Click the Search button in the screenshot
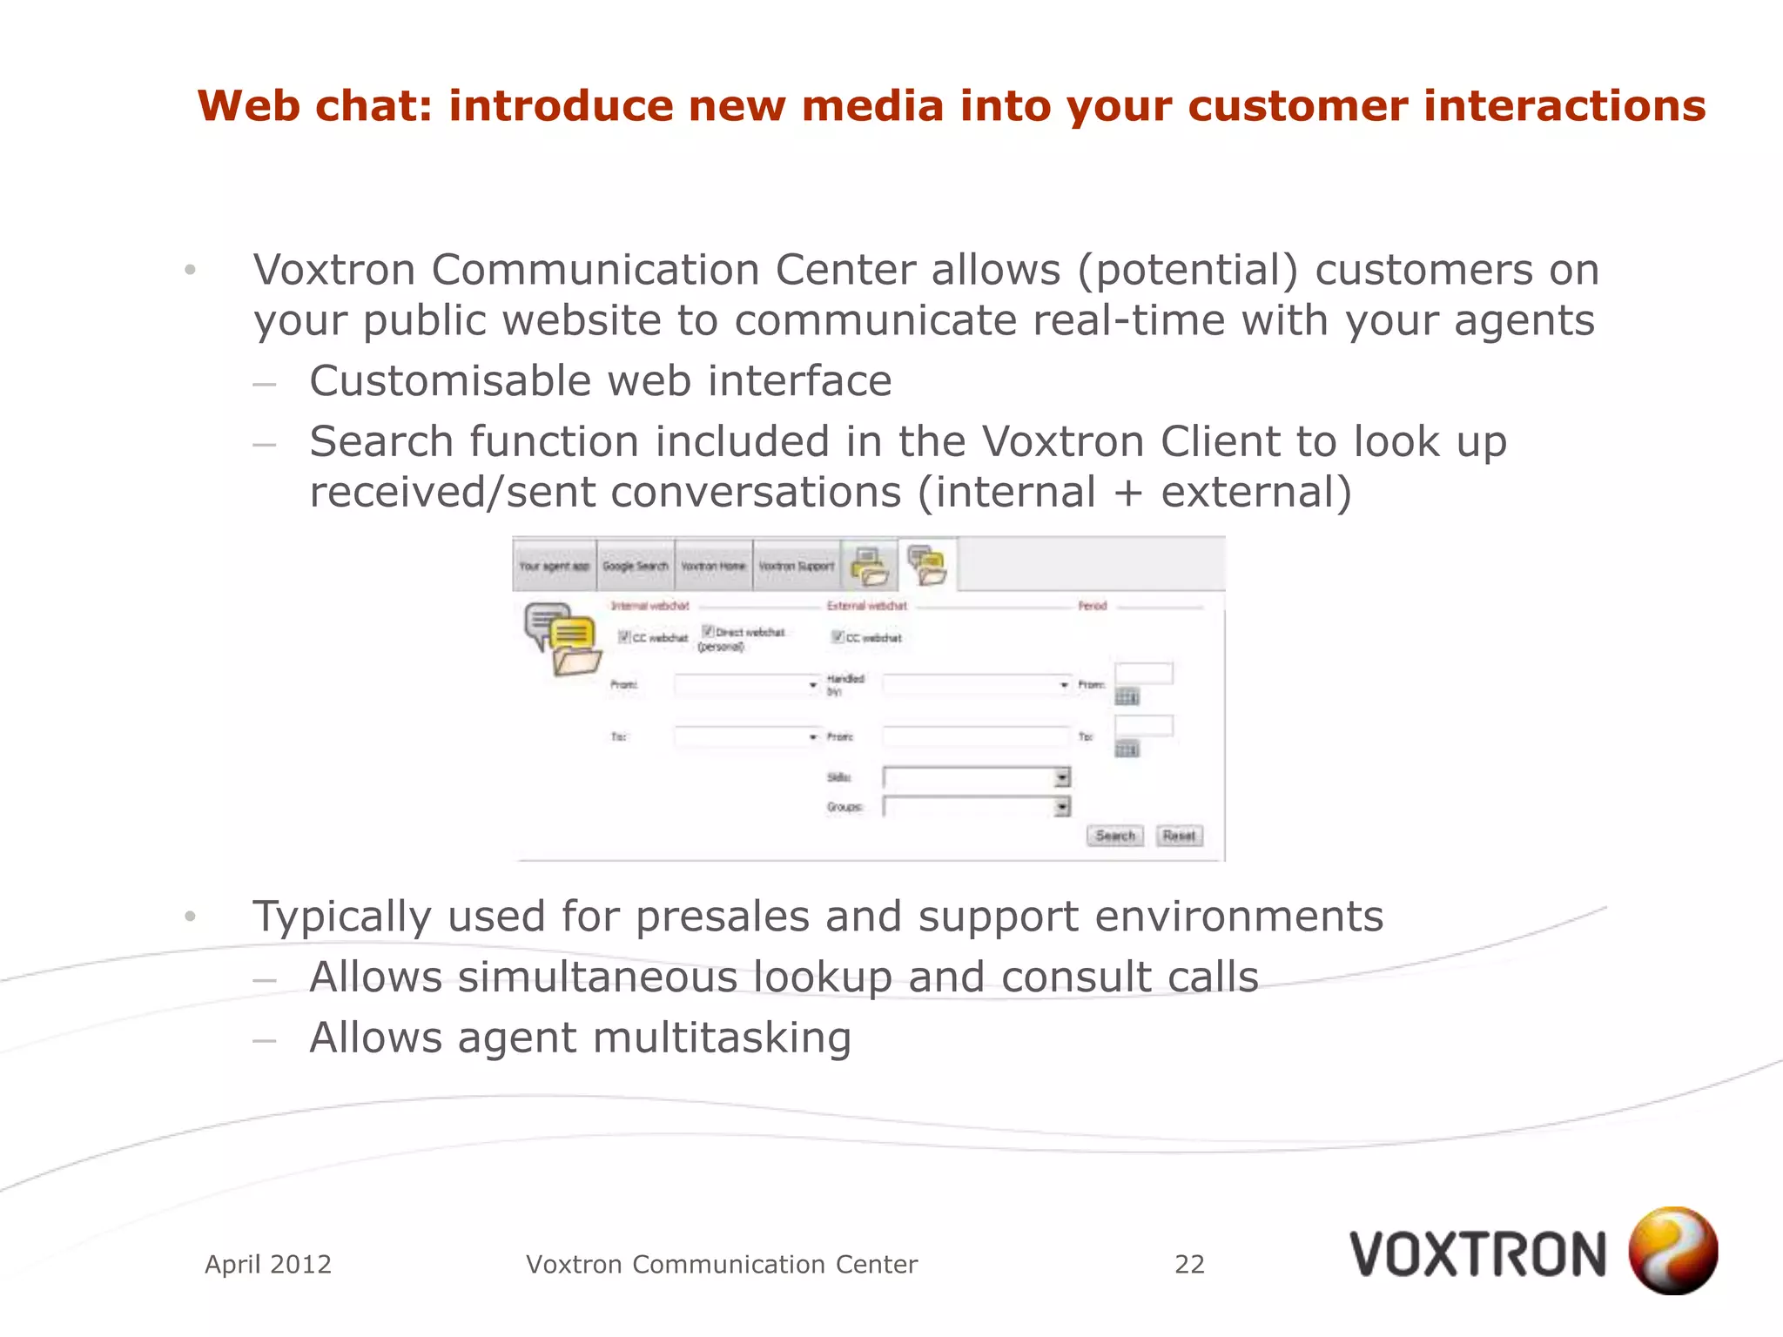pyautogui.click(x=1114, y=836)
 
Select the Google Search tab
pyautogui.click(x=635, y=566)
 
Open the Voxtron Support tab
pyautogui.click(x=796, y=566)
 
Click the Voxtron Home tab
pyautogui.click(x=713, y=566)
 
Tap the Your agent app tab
pyautogui.click(x=555, y=566)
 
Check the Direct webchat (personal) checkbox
pyautogui.click(x=709, y=631)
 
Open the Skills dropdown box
pyautogui.click(x=976, y=776)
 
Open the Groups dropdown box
pyautogui.click(x=976, y=807)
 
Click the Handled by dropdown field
pyautogui.click(x=976, y=685)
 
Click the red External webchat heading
pyautogui.click(x=866, y=606)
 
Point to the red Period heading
pyautogui.click(x=1092, y=606)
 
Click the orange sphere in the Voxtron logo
pyautogui.click(x=1672, y=1251)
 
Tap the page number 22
pyautogui.click(x=1189, y=1264)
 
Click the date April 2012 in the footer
pyautogui.click(x=268, y=1264)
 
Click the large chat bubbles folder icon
pyautogui.click(x=563, y=639)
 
